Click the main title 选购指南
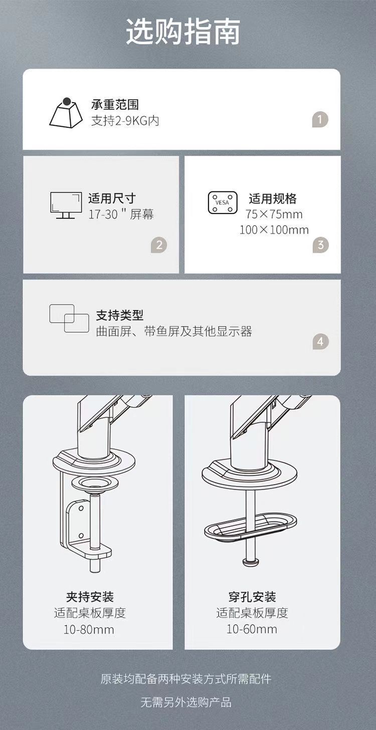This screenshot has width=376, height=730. tap(183, 32)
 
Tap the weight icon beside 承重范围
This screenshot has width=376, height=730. tap(66, 113)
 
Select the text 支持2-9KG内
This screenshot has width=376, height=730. tap(125, 121)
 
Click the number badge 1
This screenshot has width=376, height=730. tap(320, 120)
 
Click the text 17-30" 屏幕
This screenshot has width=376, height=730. tap(121, 214)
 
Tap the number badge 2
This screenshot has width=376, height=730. tap(159, 245)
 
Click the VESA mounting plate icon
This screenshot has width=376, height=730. tap(223, 202)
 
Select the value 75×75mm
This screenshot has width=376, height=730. tap(274, 214)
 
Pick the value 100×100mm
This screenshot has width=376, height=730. tap(274, 230)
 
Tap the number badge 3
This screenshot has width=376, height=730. tap(320, 245)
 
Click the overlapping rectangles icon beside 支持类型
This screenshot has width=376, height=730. tap(69, 318)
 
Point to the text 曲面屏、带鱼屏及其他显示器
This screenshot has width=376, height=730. tap(174, 332)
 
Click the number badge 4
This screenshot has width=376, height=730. tap(320, 342)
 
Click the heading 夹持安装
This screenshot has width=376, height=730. tap(90, 597)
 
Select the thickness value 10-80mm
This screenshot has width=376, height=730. tap(89, 629)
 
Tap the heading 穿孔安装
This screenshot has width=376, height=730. tap(252, 597)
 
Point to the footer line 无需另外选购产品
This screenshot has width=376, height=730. tap(186, 702)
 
